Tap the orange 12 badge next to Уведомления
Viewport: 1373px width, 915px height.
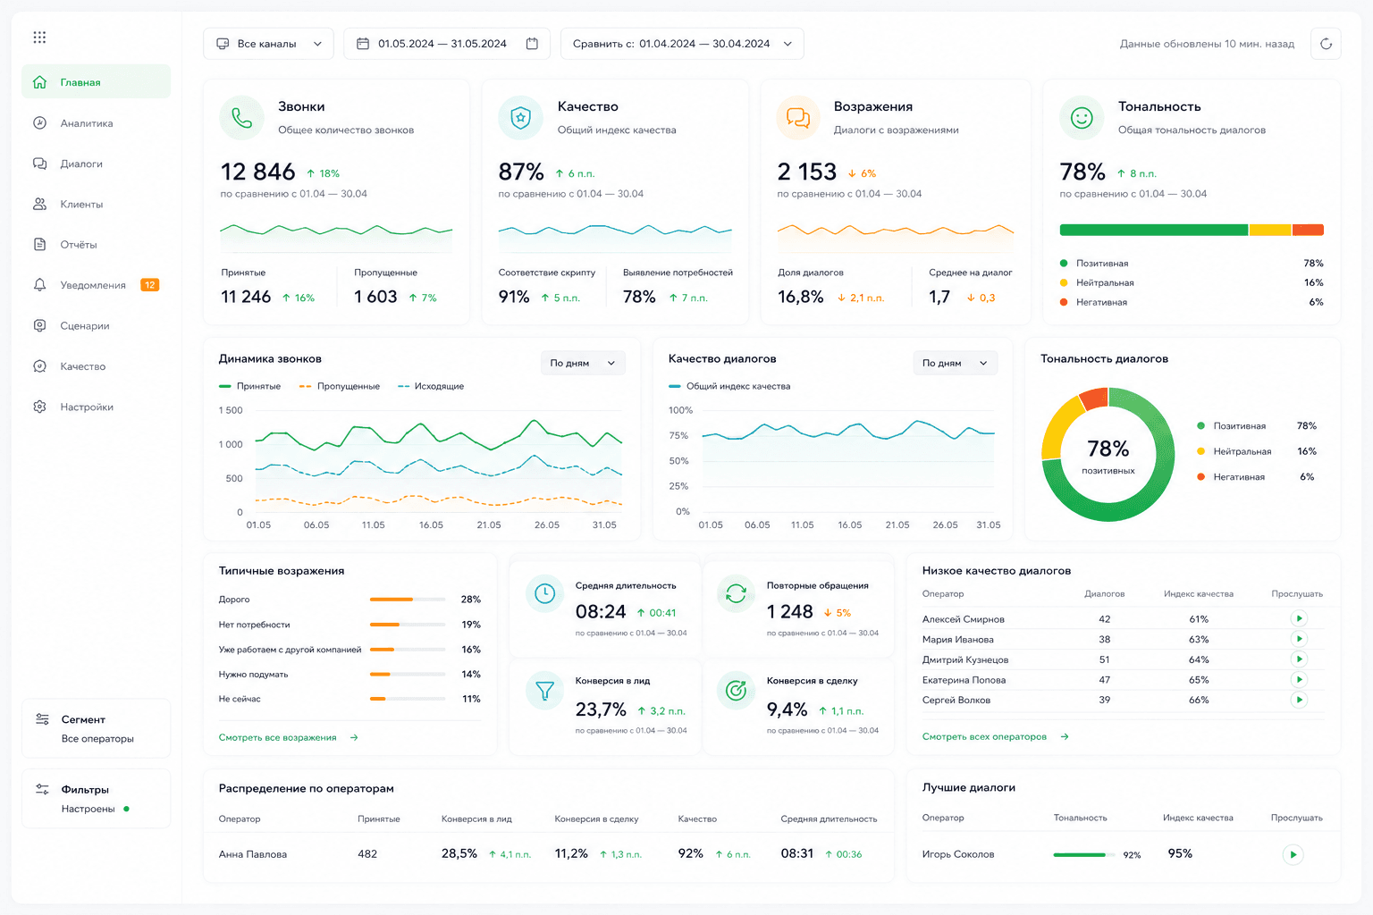tap(149, 285)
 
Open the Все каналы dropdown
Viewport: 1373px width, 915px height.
tap(268, 44)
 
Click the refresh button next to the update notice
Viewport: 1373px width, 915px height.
tap(1326, 44)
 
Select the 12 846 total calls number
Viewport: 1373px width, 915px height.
tap(257, 172)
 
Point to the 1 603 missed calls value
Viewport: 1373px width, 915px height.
tap(375, 298)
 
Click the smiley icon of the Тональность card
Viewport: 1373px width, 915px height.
tap(1082, 118)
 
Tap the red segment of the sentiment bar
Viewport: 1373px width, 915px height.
tap(1308, 230)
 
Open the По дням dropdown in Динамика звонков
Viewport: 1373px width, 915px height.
tap(582, 363)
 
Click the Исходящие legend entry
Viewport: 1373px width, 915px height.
tap(431, 386)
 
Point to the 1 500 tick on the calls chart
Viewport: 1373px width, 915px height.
tap(231, 410)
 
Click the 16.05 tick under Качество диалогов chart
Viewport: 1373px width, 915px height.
tap(849, 525)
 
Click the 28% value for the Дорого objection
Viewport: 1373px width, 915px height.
tap(471, 600)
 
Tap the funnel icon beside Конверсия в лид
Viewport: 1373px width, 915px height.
tap(544, 691)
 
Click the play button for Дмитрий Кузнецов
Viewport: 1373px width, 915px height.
tap(1298, 659)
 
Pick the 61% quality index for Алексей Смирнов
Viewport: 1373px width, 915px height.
tap(1199, 619)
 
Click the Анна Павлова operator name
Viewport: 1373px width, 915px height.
tap(253, 853)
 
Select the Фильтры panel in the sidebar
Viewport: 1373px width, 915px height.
tap(97, 799)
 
